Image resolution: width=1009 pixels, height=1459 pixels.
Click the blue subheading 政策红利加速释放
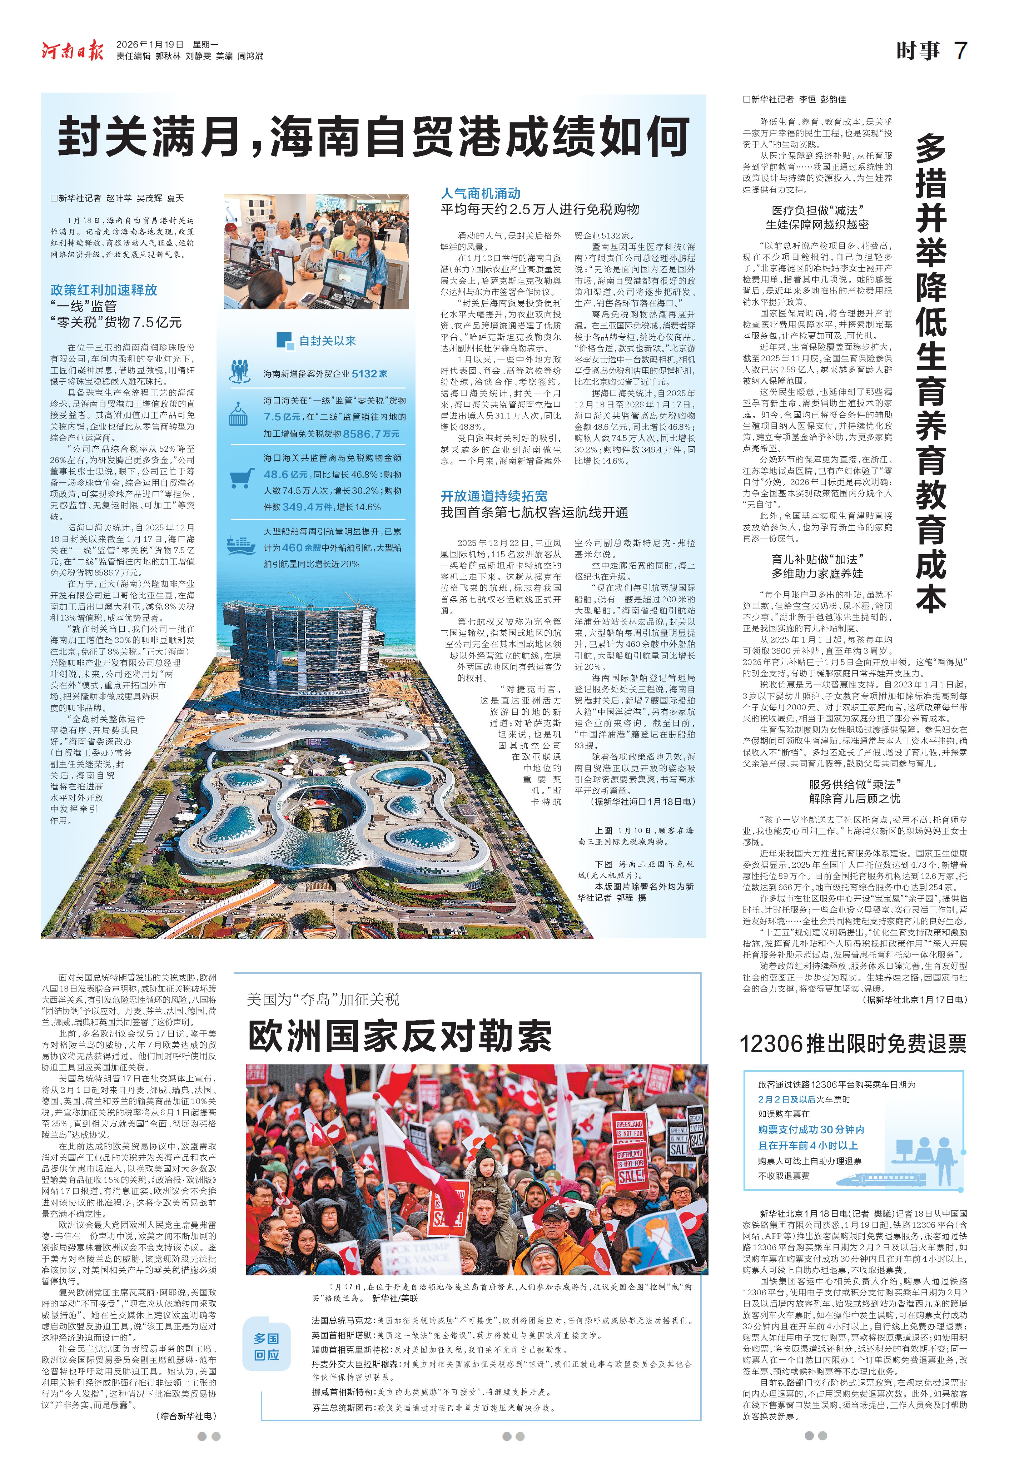pos(104,290)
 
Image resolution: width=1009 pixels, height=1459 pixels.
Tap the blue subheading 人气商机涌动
pos(481,193)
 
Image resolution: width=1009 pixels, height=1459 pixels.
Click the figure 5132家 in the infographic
pos(370,374)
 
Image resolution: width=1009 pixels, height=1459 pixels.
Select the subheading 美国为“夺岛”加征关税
pos(323,1000)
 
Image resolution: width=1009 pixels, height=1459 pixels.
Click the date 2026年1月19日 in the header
pos(150,44)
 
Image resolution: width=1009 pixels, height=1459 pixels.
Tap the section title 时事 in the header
pos(918,50)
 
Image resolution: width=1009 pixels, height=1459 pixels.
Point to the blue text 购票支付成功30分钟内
pos(811,1130)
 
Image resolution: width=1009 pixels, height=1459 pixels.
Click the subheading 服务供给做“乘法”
pos(855,785)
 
